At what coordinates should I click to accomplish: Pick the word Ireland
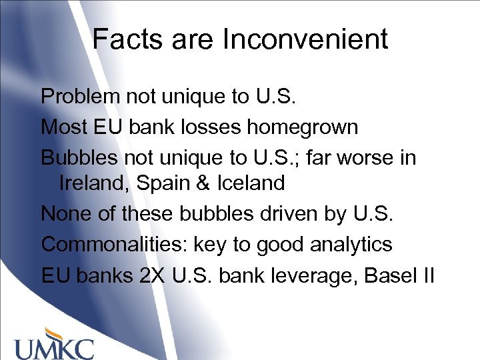tap(95, 183)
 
